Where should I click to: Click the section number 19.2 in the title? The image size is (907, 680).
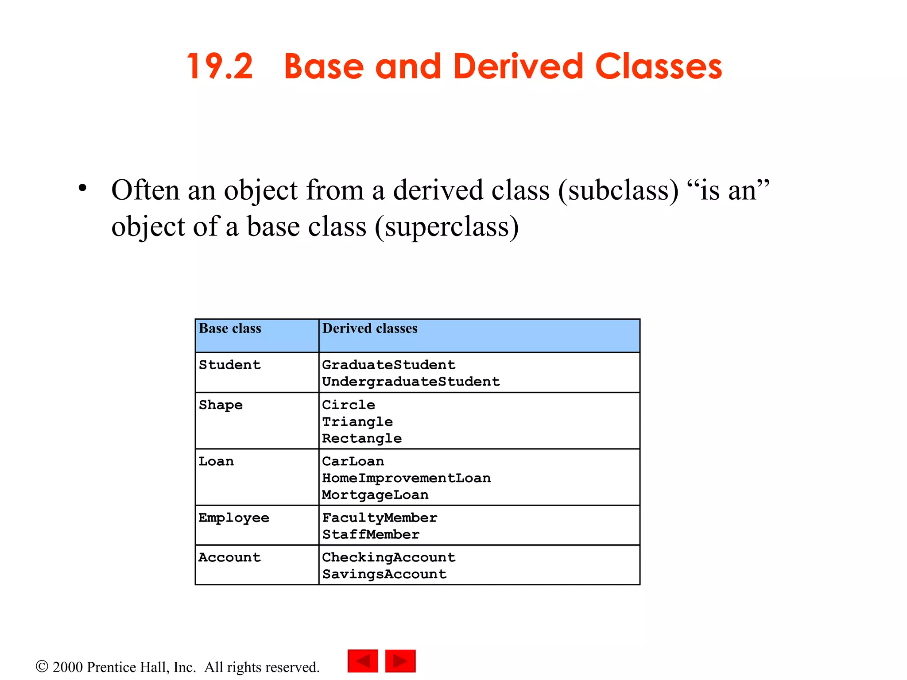220,67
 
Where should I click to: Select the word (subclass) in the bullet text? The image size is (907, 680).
618,191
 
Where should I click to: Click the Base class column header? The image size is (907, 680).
230,328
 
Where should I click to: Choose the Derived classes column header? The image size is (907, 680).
370,328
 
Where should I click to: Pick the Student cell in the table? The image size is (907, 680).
229,365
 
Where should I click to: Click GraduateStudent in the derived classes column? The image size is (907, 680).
388,365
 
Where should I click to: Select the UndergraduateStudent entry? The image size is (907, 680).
411,382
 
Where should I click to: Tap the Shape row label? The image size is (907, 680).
221,405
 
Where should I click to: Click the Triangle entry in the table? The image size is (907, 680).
357,422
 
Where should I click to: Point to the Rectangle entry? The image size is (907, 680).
362,439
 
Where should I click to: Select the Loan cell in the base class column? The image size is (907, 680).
216,461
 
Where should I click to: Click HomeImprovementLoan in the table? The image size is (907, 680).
406,478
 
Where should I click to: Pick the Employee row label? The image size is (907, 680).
234,518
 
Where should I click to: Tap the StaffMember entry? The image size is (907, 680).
371,535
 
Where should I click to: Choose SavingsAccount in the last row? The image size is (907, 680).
384,574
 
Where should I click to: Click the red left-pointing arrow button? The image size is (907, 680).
363,661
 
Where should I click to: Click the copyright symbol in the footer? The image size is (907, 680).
42,666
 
